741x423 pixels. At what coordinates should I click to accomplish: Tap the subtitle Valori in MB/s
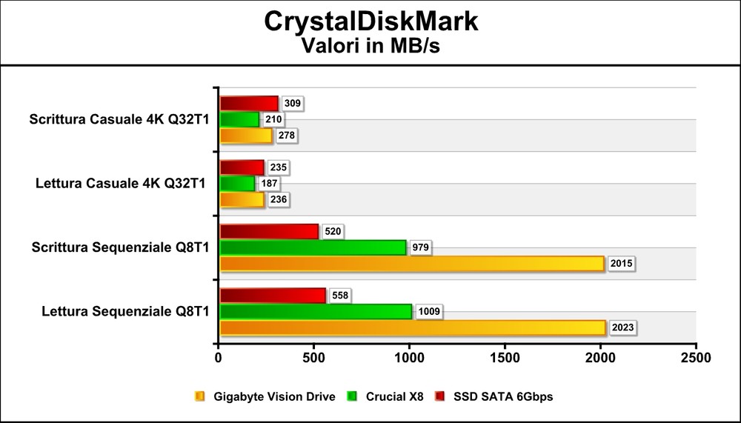[x=371, y=46]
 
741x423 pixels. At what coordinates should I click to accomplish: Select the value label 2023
[x=621, y=327]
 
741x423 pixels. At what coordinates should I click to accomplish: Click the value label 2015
[x=621, y=264]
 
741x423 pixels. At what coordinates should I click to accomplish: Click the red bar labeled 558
[x=273, y=296]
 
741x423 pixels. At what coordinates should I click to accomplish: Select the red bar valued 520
[x=269, y=232]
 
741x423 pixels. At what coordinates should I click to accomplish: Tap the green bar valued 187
[x=237, y=183]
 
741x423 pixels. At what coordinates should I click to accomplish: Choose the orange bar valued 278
[x=246, y=136]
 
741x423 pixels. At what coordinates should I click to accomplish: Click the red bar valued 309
[x=249, y=104]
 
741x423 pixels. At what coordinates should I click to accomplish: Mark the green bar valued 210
[x=239, y=119]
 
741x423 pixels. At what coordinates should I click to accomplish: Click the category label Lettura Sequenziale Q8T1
[x=125, y=311]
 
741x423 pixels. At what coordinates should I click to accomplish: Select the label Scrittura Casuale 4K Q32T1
[x=119, y=119]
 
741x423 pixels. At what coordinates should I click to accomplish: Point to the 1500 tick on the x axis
[x=505, y=358]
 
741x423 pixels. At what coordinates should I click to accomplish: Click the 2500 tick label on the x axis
[x=695, y=358]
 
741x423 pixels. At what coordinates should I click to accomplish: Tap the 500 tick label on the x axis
[x=313, y=358]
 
